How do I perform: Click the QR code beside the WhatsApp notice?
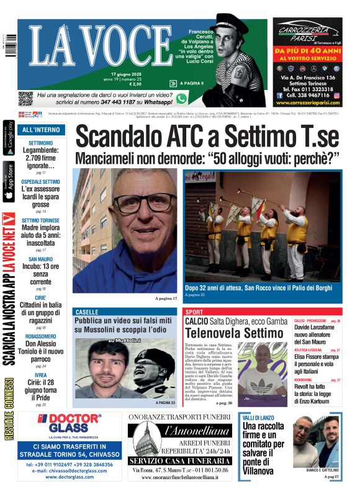25,98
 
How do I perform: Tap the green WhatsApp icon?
181,98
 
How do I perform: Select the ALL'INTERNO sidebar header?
41,130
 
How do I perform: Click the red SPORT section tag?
194,312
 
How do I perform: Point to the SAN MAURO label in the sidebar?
41,259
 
